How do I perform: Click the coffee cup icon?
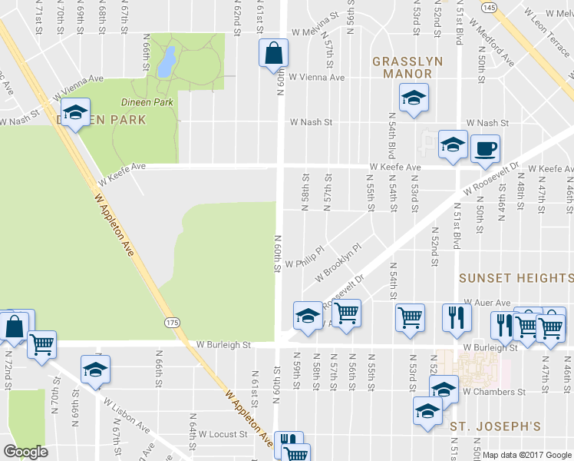484,148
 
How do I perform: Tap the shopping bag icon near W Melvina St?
273,55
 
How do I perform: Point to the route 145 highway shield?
489,6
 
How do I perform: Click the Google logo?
25,451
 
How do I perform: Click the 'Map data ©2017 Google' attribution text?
526,455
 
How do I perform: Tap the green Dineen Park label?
146,101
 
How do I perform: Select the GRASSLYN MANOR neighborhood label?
402,68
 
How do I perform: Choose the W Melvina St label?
315,32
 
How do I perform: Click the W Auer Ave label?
487,303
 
